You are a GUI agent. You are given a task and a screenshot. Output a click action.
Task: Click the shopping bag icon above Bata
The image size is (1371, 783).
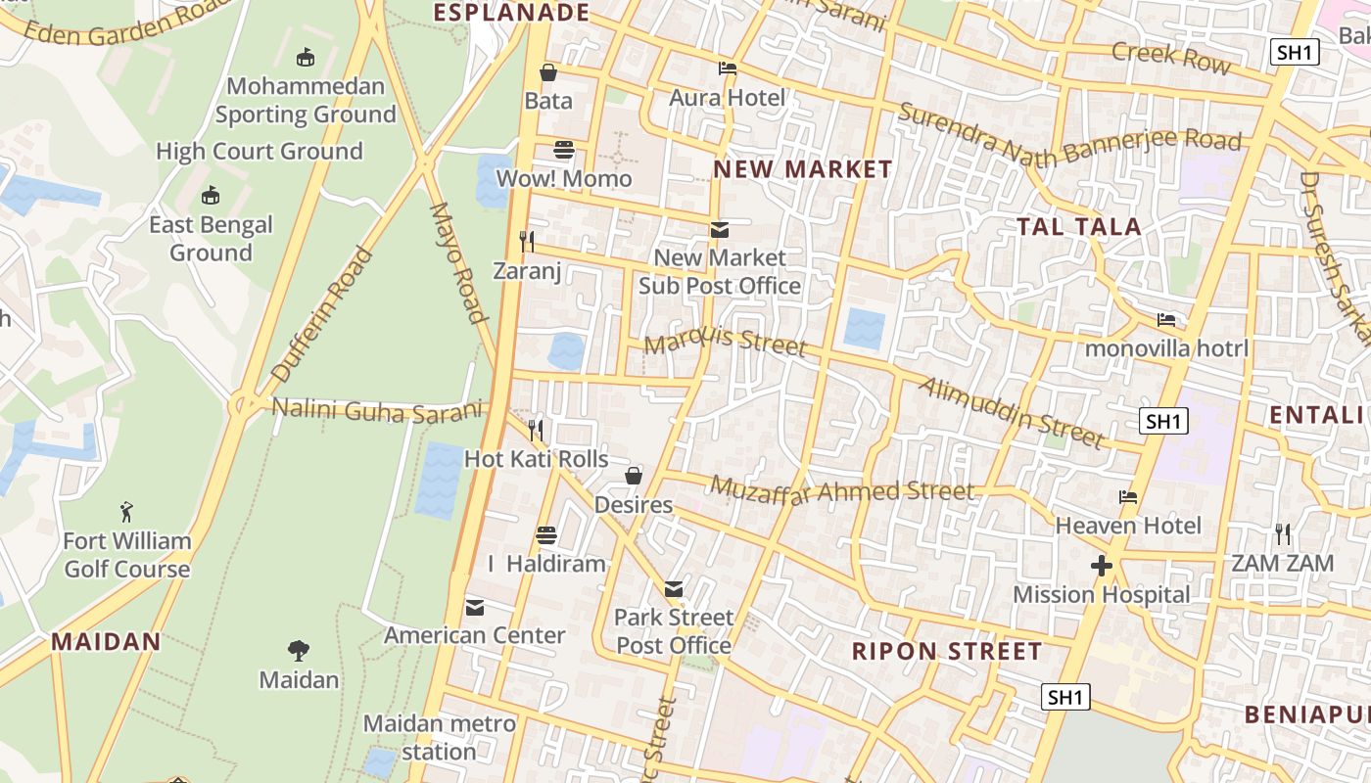[548, 72]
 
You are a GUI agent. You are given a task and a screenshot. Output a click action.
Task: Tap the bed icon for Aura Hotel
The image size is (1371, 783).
[728, 69]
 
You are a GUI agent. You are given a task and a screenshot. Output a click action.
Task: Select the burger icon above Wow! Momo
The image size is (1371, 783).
[564, 150]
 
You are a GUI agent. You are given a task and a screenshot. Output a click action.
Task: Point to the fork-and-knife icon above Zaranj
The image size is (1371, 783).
[527, 241]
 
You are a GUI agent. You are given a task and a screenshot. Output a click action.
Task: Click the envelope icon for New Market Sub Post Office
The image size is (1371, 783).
[720, 230]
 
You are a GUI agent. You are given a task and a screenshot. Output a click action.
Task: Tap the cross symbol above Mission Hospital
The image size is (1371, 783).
[1102, 566]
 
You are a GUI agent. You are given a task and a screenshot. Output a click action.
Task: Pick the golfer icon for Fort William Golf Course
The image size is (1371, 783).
[126, 512]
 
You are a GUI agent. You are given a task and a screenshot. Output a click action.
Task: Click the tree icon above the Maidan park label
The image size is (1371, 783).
[299, 651]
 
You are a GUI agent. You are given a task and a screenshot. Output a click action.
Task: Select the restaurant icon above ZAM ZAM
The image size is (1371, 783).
[1283, 534]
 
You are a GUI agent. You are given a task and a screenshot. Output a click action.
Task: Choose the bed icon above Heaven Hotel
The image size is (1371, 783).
[1128, 497]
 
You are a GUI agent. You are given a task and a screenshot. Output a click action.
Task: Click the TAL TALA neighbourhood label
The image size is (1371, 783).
[1079, 227]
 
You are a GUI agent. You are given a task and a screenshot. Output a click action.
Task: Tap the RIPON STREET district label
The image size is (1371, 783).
[947, 652]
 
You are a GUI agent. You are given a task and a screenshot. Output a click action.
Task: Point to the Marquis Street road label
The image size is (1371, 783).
[726, 341]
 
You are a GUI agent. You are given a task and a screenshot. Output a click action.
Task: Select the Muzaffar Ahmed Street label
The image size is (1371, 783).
[842, 489]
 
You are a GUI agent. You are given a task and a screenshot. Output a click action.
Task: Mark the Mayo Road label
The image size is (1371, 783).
[458, 262]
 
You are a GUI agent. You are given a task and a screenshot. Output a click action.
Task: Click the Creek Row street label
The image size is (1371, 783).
[1171, 57]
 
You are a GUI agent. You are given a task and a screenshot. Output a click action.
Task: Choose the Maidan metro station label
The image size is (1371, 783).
[439, 738]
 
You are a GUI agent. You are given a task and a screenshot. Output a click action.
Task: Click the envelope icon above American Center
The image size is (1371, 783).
[475, 608]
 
